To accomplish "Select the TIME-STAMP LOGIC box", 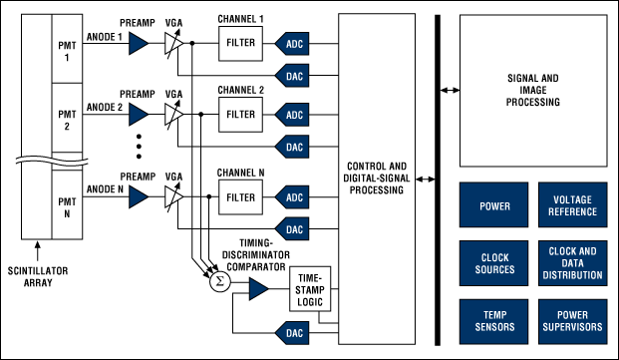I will coord(305,289).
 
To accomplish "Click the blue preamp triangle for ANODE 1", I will coord(139,41).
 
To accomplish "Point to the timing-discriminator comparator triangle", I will coord(257,289).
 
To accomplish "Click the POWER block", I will coord(494,207).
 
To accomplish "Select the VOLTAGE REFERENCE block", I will coord(572,207).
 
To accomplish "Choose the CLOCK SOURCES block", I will coord(494,264).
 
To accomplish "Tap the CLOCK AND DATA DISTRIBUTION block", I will coord(572,264).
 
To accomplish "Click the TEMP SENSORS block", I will coord(494,322).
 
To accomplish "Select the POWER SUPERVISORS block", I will coord(572,322).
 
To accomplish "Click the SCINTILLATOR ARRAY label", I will coord(42,274).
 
